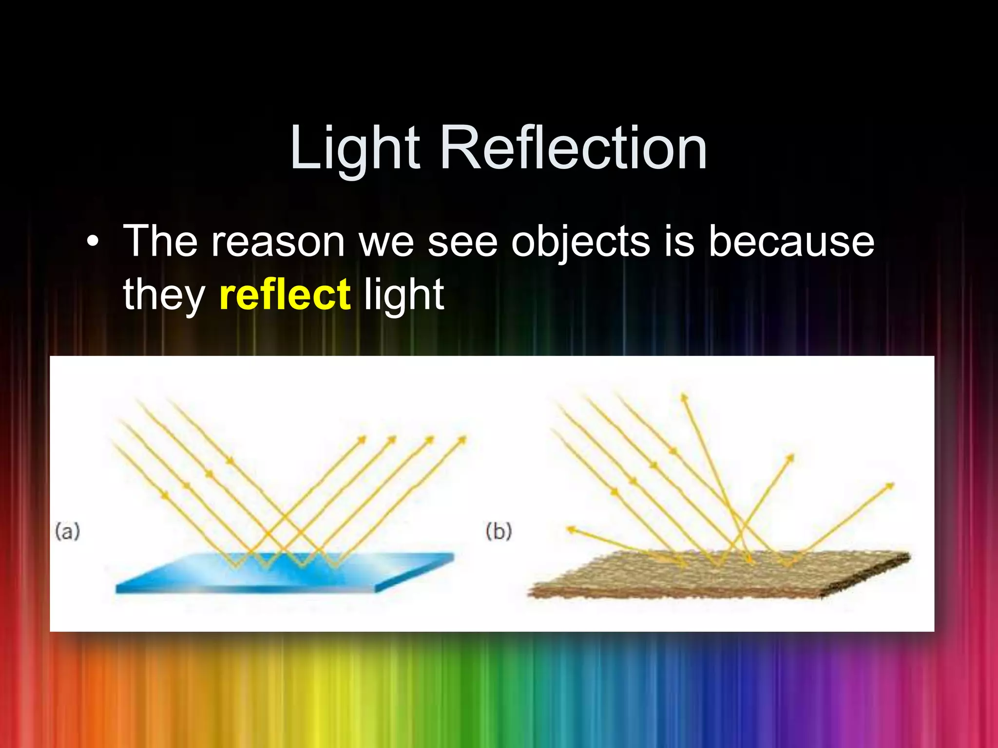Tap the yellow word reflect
[x=285, y=295]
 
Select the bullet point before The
[x=92, y=242]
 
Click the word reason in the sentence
[x=278, y=242]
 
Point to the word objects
[x=580, y=242]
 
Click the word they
[x=164, y=295]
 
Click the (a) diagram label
[x=67, y=531]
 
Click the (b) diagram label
[x=499, y=531]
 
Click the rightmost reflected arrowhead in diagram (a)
[x=462, y=440]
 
